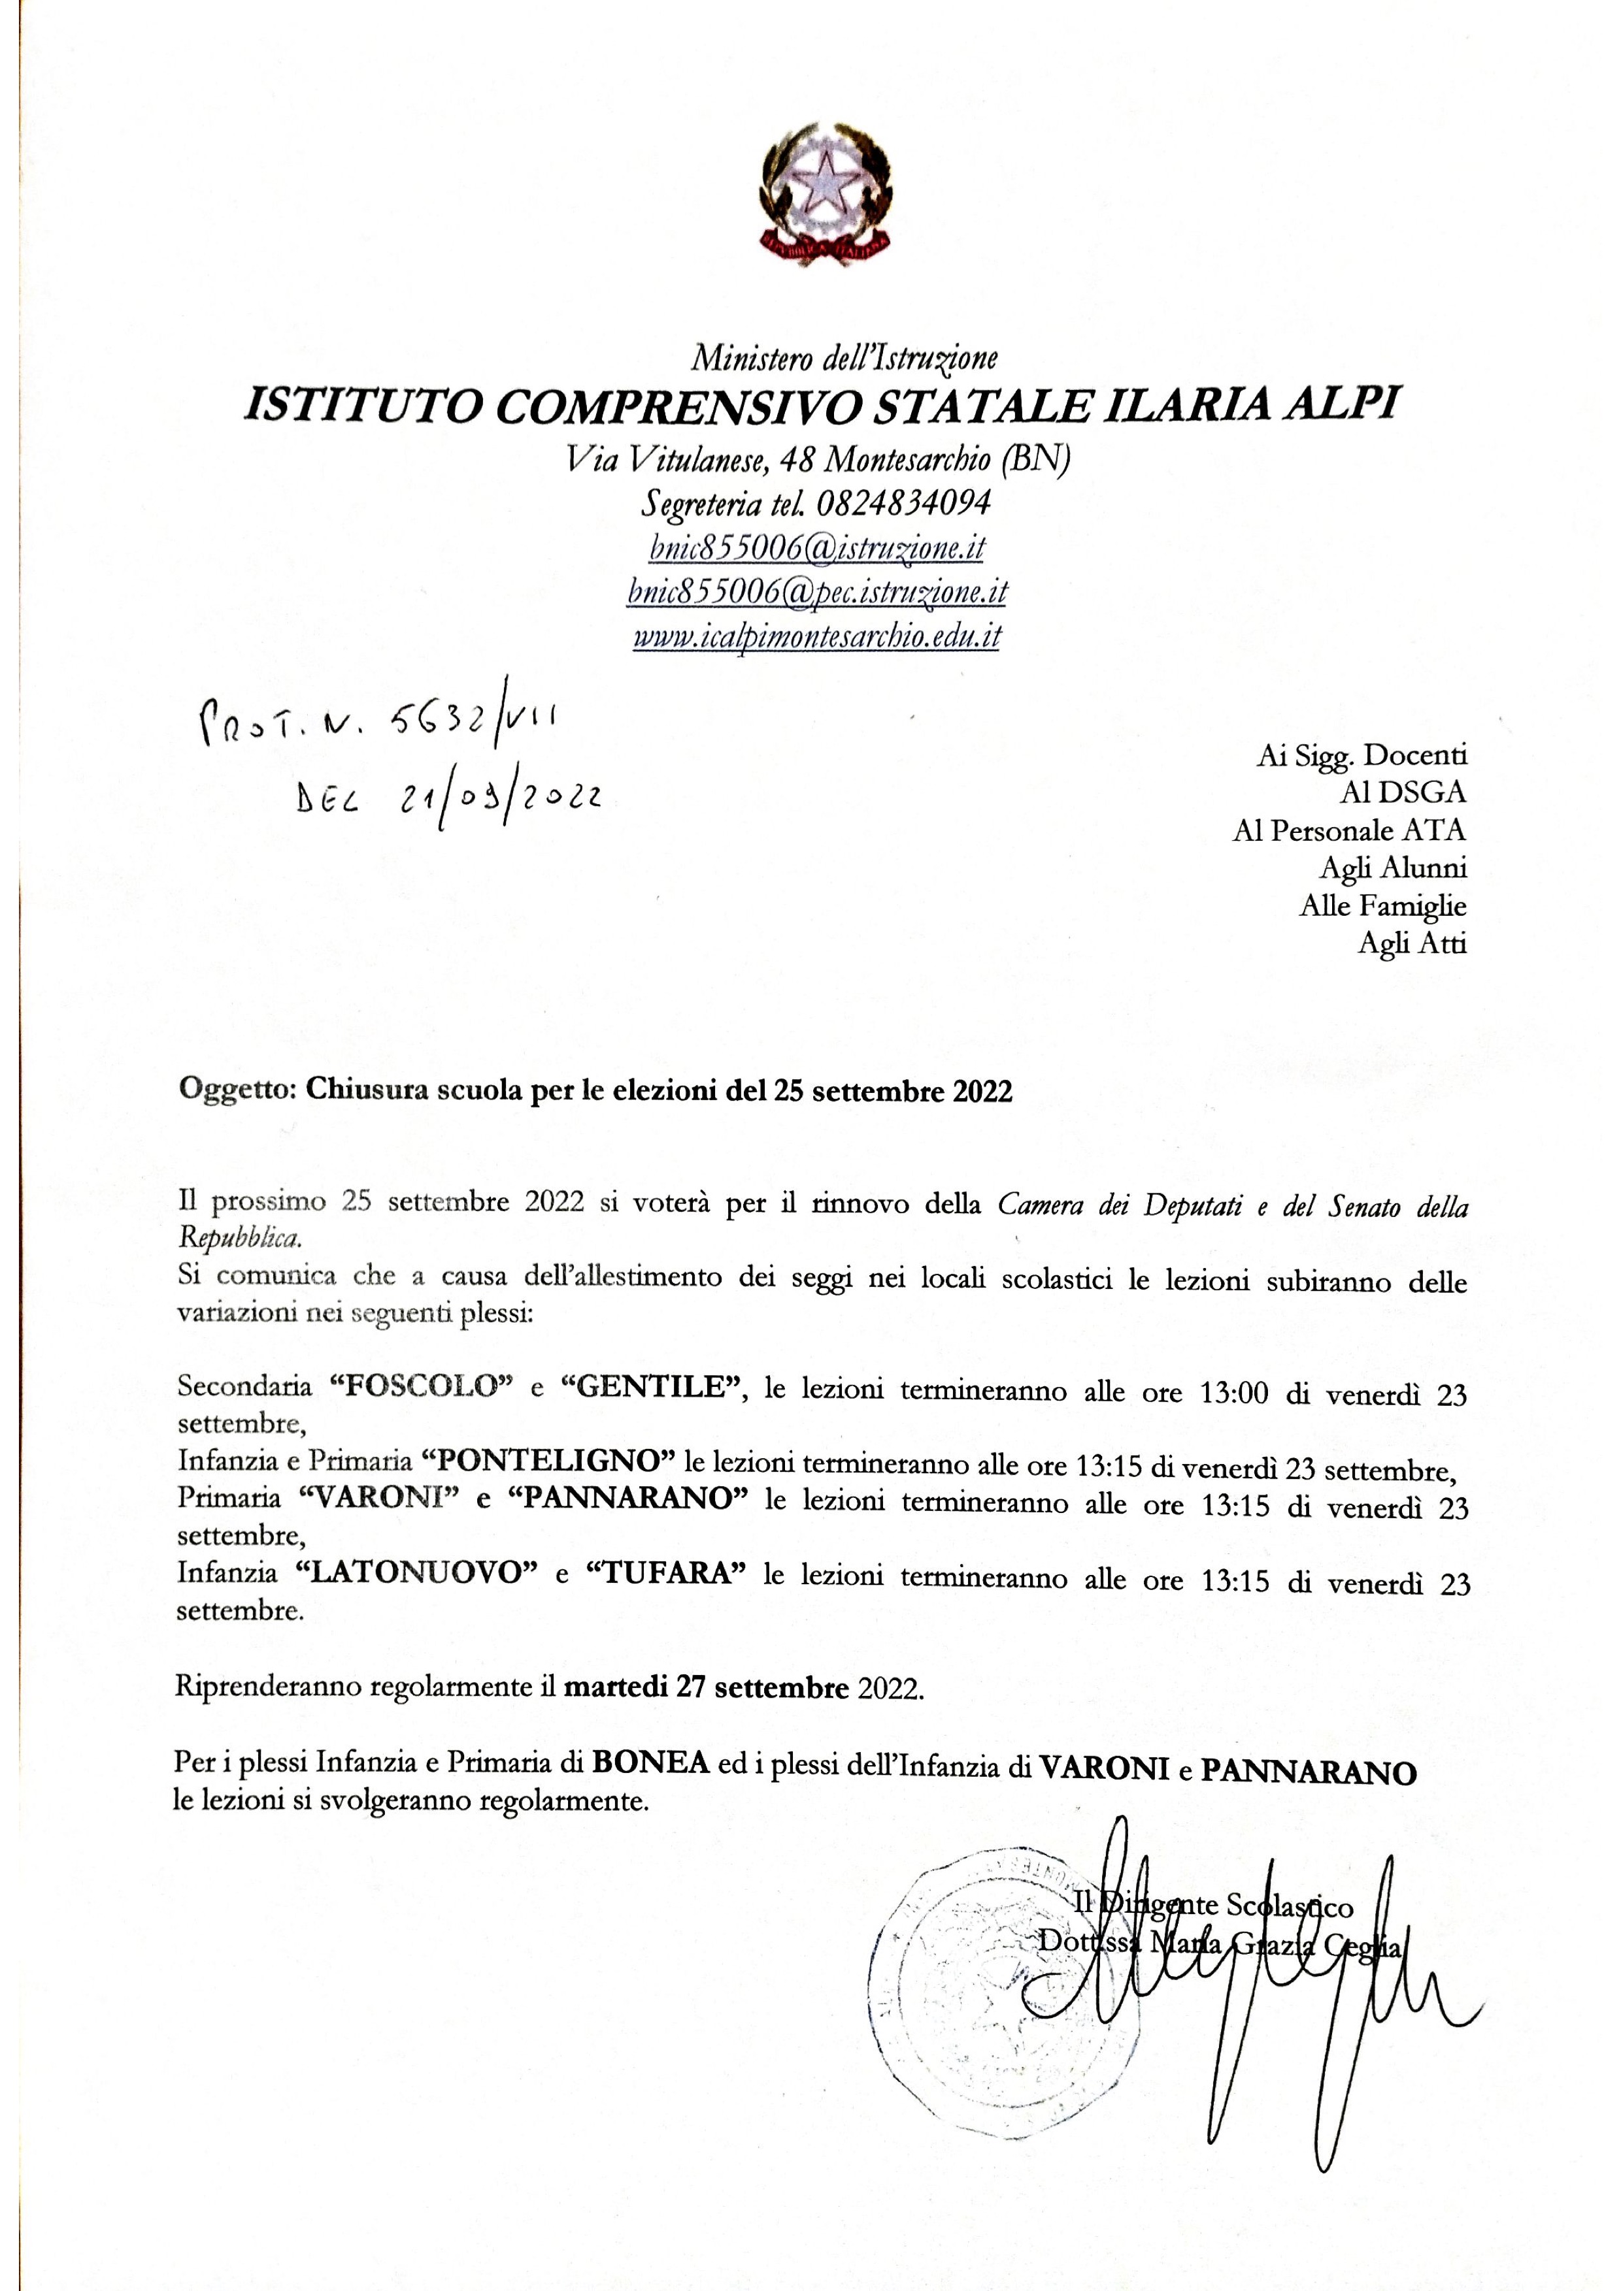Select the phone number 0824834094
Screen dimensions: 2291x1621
(x=903, y=503)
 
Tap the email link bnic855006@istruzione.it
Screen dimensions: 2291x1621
(x=816, y=548)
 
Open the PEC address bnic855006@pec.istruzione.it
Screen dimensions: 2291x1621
(x=816, y=592)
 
